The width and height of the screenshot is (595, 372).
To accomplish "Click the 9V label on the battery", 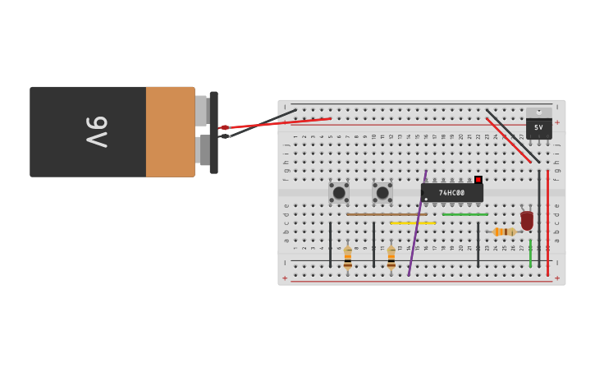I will (x=96, y=131).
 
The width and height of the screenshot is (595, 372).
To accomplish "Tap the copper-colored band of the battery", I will (x=170, y=131).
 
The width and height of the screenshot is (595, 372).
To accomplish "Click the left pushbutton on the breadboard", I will (x=339, y=192).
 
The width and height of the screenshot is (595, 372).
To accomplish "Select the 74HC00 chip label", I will (x=451, y=193).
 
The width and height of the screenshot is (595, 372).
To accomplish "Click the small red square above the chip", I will (x=478, y=179).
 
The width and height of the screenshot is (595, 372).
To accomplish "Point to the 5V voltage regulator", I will (x=538, y=126).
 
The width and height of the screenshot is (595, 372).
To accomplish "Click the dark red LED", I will (x=527, y=220).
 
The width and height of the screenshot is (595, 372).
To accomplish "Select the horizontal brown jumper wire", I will (x=386, y=214).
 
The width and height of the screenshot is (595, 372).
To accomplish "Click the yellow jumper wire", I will (x=413, y=223).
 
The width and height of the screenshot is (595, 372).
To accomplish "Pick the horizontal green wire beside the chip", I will (x=465, y=214).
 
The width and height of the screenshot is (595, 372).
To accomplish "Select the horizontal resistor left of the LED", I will (x=504, y=232).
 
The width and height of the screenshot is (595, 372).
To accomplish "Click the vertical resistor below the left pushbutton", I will (x=348, y=257).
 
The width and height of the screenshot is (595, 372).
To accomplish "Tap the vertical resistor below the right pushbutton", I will (x=391, y=257).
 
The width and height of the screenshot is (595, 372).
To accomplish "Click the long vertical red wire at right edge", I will (x=547, y=222).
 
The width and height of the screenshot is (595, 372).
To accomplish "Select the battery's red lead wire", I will (x=279, y=123).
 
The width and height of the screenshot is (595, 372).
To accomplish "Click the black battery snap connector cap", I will (x=214, y=132).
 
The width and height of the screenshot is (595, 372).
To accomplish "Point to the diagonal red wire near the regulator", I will (x=508, y=140).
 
